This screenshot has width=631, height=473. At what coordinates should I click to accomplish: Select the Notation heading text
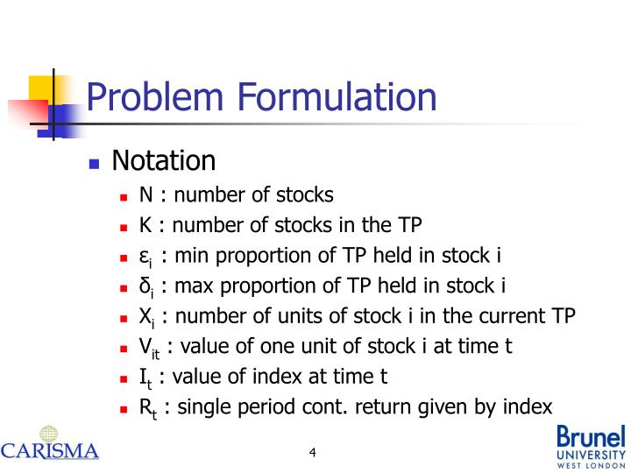point(163,161)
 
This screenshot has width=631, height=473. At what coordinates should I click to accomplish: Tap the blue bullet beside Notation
point(96,164)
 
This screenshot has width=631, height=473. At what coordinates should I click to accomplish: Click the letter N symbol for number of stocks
point(146,195)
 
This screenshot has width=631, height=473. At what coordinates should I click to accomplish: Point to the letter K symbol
point(146,226)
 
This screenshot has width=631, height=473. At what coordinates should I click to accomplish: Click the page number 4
point(312,453)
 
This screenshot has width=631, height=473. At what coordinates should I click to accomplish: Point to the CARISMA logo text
point(50,452)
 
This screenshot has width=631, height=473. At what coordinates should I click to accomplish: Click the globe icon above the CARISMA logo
point(49,434)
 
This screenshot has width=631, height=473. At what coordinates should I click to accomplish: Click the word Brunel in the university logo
point(592,436)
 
